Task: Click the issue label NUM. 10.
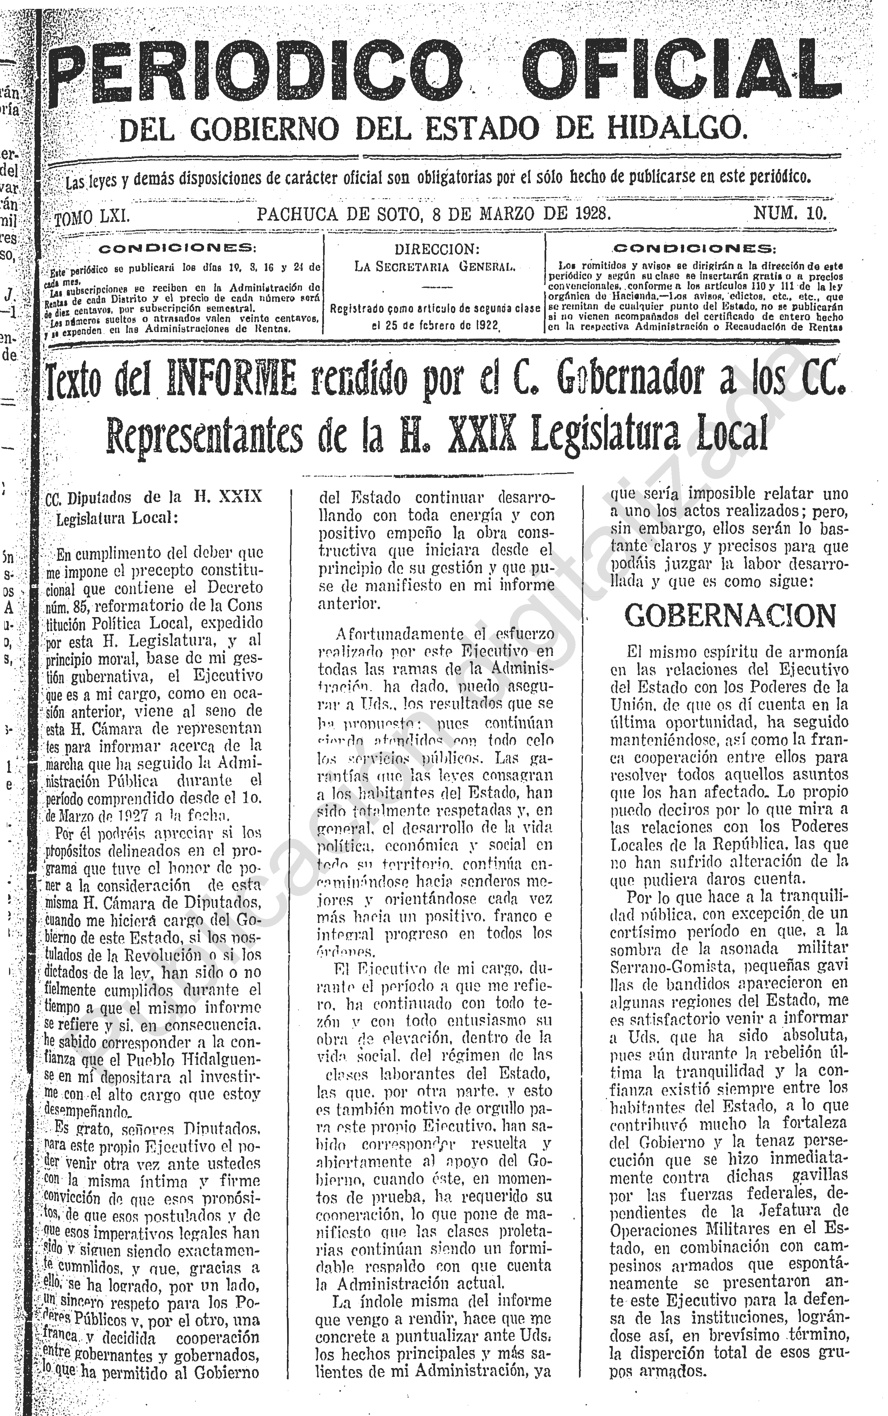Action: click(x=790, y=213)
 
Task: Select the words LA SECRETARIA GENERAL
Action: click(x=435, y=266)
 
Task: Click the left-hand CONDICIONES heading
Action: click(x=177, y=249)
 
